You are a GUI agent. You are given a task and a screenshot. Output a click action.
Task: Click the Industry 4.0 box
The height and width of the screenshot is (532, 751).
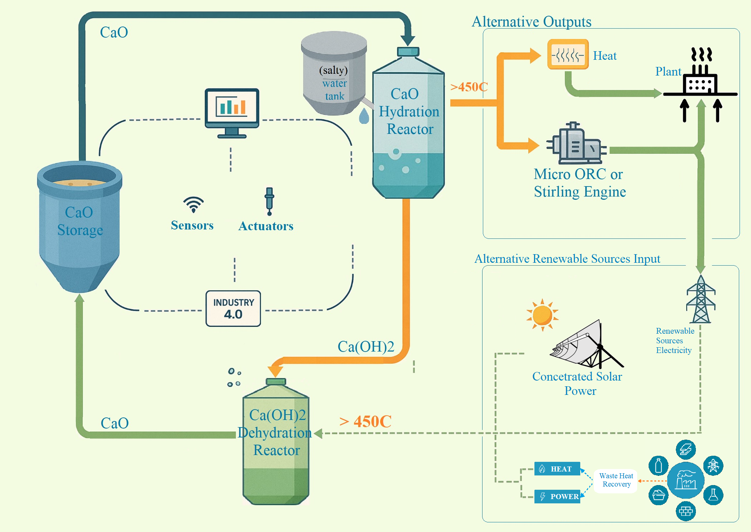pos(233,309)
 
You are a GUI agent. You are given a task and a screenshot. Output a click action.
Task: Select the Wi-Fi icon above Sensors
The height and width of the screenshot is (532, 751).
pos(193,204)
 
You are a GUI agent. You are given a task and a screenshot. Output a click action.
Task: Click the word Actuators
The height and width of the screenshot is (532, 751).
pos(266,226)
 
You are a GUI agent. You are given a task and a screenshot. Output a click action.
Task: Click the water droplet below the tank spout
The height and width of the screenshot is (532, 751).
pos(364,116)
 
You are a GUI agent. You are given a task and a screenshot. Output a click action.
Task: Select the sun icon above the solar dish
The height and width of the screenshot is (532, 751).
pos(542,315)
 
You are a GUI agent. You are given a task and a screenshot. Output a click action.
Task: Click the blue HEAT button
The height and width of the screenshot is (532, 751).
pos(557,469)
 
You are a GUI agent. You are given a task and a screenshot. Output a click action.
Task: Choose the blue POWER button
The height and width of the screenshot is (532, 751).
pos(557,497)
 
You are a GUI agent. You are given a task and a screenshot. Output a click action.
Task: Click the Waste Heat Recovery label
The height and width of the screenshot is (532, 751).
pos(616,480)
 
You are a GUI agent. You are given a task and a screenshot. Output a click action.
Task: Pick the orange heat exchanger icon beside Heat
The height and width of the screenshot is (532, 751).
pos(568,54)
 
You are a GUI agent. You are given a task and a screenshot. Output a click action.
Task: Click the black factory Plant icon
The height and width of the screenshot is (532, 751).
pos(700,79)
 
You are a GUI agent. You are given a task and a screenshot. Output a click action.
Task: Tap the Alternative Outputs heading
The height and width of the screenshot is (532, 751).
pos(531,22)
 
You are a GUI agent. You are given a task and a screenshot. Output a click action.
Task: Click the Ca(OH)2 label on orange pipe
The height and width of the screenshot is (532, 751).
pos(366,347)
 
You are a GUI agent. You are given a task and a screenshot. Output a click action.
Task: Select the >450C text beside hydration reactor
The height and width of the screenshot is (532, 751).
pos(469,87)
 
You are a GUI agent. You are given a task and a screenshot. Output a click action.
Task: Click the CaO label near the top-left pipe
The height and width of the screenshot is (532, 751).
pos(114,33)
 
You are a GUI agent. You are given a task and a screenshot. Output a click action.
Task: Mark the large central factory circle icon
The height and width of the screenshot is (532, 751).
pos(685,480)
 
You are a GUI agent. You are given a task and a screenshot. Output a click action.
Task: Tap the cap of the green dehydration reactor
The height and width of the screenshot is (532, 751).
pos(276,382)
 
